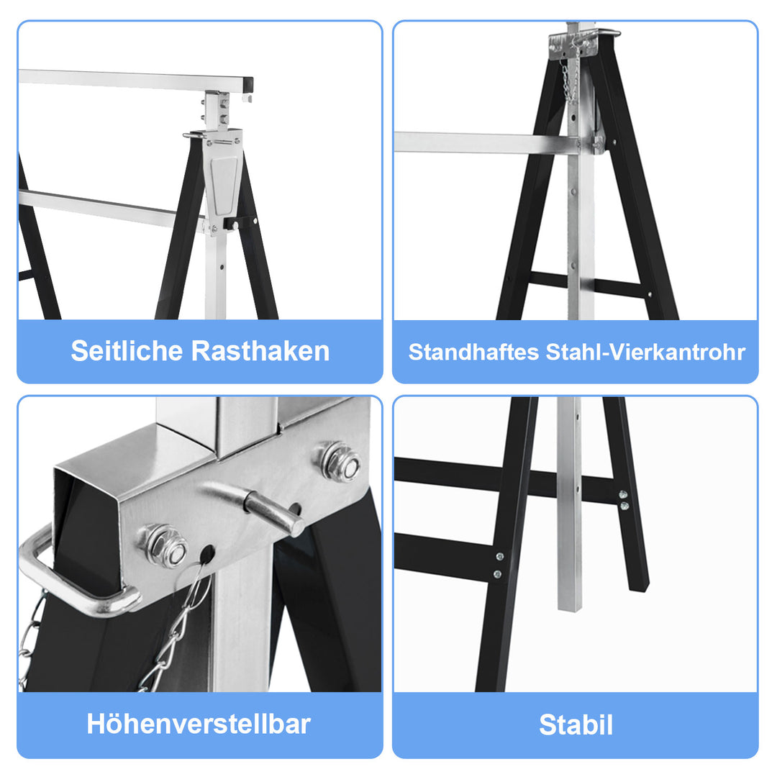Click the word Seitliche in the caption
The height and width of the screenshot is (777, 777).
click(127, 351)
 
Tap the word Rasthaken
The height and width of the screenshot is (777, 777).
click(260, 351)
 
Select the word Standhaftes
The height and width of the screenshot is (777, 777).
click(473, 352)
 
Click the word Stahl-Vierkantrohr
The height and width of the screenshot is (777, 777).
click(645, 352)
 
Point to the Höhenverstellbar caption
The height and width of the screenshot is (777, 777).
click(199, 724)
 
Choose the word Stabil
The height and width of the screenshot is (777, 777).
click(576, 725)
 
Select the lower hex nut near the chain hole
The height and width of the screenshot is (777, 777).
click(166, 545)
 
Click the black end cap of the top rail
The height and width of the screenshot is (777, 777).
click(247, 84)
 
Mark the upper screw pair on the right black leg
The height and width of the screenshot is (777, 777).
click(623, 500)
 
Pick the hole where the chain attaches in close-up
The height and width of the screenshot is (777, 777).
click(207, 553)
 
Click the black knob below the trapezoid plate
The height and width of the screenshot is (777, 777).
click(230, 224)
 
